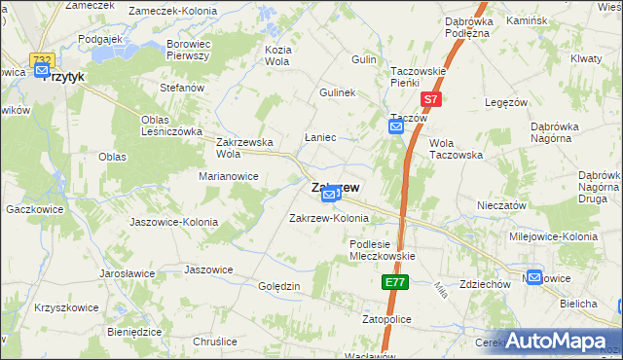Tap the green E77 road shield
[393, 282]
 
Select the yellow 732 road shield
[41, 60]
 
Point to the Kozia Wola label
[278, 54]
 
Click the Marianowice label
[229, 176]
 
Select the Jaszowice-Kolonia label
[174, 222]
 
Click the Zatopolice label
[387, 319]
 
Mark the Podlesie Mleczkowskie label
[383, 250]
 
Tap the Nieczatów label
[502, 206]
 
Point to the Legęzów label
[505, 102]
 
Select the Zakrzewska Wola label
[243, 147]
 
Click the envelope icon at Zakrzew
[329, 197]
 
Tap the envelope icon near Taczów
[396, 127]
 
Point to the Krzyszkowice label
[66, 306]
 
